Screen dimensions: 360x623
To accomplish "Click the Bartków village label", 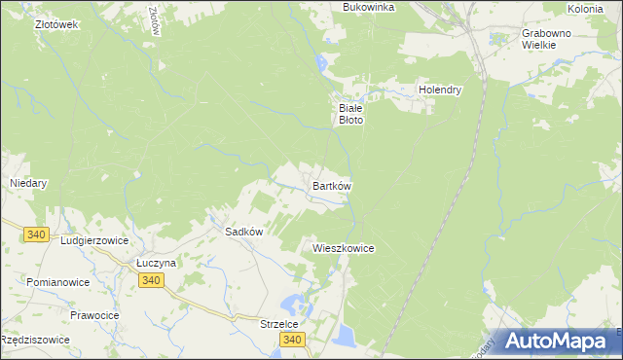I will pos(331,185).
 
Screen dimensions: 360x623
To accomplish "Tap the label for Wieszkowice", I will pos(344,248).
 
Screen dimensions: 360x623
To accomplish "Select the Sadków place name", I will pos(244,233).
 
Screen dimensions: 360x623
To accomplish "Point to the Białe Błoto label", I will pos(350,114).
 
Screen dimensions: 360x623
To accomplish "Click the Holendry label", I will pos(439,90).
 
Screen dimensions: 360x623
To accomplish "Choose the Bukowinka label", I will pos(368,7).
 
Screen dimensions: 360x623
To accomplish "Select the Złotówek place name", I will pos(55,24).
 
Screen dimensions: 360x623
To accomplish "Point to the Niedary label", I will pos(28,182).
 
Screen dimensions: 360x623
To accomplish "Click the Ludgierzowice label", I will pos(94,239).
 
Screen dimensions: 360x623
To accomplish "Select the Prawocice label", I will pos(94,315).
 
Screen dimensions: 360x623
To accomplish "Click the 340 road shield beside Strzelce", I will pos(291,340).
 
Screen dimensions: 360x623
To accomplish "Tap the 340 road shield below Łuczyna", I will pos(150,280).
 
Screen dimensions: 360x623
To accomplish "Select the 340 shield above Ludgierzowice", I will pos(37,234).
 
